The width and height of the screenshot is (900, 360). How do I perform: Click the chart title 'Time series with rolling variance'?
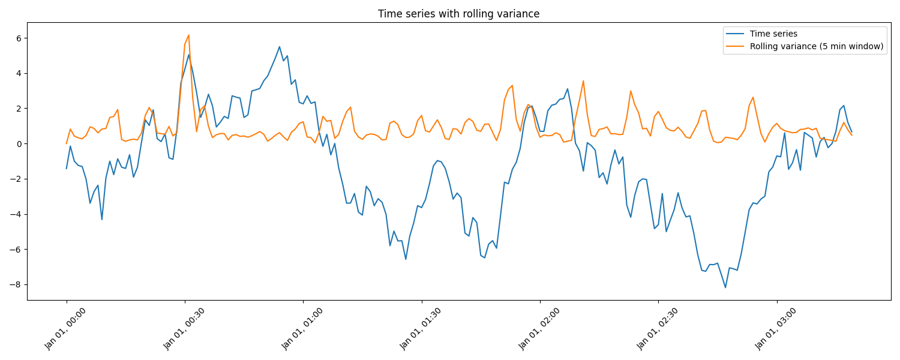click(x=458, y=14)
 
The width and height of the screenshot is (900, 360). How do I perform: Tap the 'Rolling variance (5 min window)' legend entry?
click(x=817, y=47)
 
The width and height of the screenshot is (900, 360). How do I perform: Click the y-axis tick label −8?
click(x=16, y=284)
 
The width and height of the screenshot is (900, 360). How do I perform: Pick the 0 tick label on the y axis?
click(x=19, y=144)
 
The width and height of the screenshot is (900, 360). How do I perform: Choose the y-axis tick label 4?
click(x=19, y=73)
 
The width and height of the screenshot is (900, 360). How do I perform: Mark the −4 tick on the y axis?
click(x=16, y=214)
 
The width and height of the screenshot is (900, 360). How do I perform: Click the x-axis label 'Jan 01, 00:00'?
click(x=66, y=328)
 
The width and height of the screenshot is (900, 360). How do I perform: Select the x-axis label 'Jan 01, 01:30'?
click(x=421, y=328)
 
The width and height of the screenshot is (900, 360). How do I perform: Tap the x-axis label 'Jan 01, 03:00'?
click(x=776, y=328)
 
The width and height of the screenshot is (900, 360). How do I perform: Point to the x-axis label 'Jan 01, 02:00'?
click(x=539, y=328)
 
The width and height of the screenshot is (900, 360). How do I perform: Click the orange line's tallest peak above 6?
click(x=188, y=35)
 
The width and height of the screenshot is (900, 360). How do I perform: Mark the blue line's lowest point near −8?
click(x=725, y=287)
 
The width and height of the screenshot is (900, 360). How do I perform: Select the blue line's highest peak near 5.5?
click(x=279, y=47)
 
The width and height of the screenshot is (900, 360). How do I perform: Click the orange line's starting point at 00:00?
click(x=67, y=143)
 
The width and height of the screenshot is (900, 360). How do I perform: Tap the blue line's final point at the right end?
click(x=851, y=131)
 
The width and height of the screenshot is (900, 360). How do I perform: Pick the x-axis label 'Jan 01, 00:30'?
click(x=184, y=328)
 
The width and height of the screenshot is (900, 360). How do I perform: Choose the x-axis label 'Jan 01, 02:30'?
click(x=658, y=328)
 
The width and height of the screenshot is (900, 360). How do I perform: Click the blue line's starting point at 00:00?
click(x=67, y=169)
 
